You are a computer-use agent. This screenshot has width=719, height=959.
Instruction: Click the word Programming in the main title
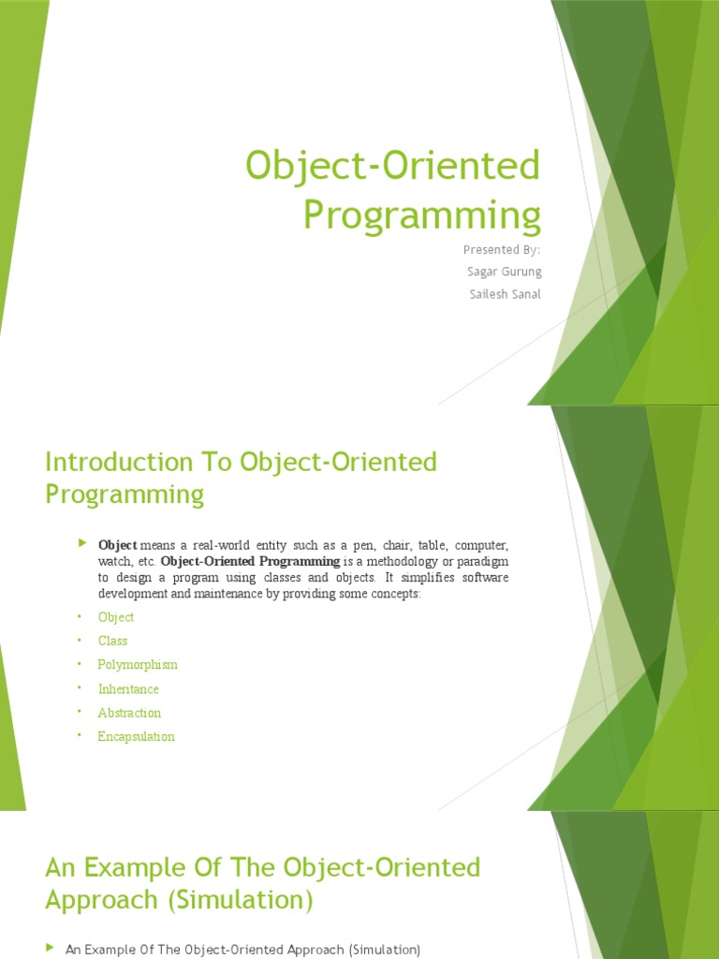coord(422,214)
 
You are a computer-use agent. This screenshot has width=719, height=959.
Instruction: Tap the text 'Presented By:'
coord(503,249)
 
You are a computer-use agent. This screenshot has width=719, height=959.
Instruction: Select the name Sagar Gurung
coord(503,272)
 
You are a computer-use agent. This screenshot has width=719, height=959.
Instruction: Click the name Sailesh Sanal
coord(504,294)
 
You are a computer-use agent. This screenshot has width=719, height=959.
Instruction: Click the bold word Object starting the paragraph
coord(118,545)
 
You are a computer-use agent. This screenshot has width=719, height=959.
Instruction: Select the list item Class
coord(112,641)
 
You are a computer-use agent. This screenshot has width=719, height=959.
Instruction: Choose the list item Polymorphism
coord(138,665)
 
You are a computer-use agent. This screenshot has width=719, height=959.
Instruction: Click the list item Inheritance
coord(128,689)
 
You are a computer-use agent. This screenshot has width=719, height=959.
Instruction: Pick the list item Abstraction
coord(129,713)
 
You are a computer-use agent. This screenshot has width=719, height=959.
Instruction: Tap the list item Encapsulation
coord(136,737)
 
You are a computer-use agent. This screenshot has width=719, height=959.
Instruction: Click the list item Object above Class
coord(116,617)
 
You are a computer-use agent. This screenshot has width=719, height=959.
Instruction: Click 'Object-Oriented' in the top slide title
coord(393,167)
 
